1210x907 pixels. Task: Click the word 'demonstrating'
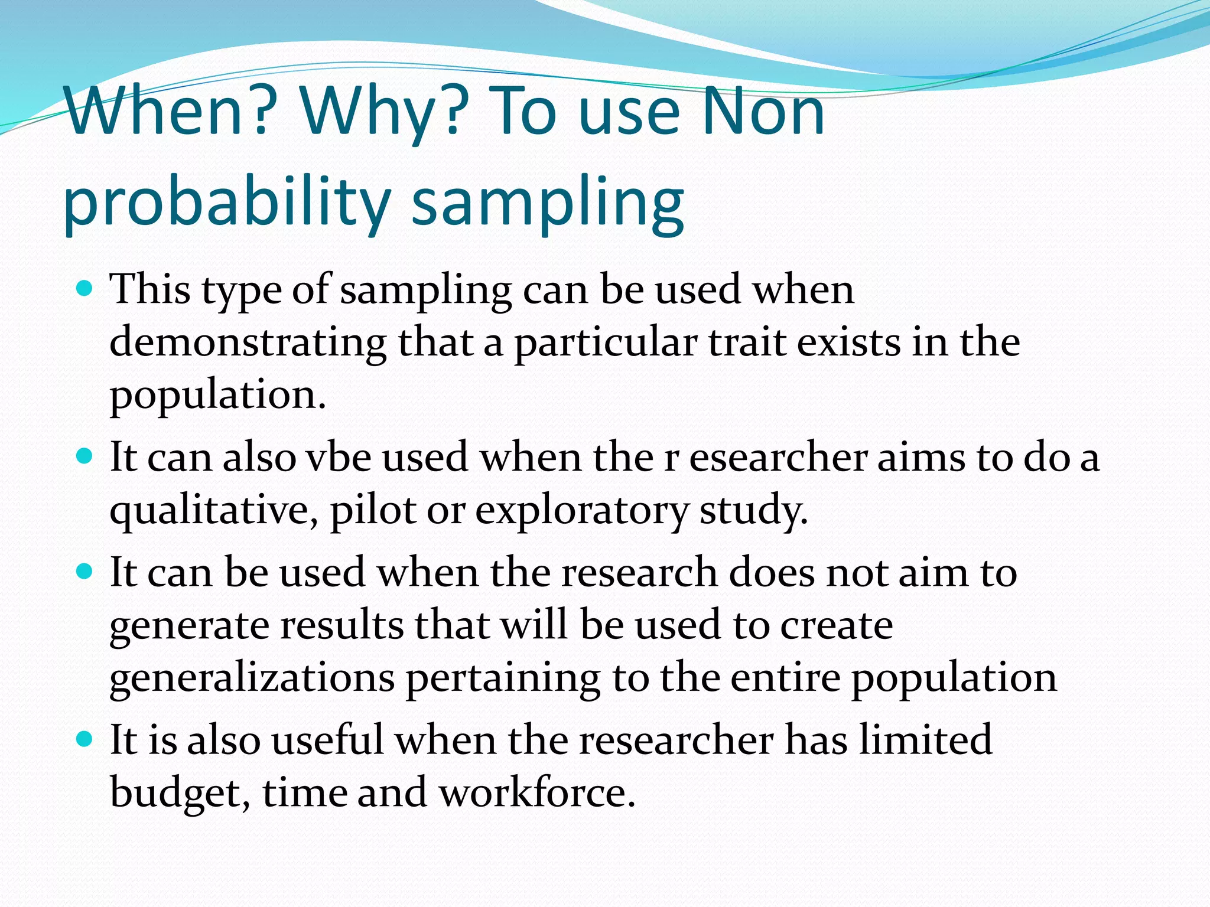click(x=248, y=342)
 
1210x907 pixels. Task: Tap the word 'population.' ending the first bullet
click(x=217, y=394)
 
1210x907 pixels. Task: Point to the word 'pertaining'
click(x=503, y=677)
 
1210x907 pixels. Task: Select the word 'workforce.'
click(x=537, y=792)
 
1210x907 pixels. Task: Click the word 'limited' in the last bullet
click(x=925, y=740)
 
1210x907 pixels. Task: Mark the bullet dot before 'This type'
click(x=85, y=289)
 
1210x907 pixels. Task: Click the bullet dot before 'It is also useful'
click(x=85, y=739)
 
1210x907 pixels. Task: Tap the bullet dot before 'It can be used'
click(x=85, y=572)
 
